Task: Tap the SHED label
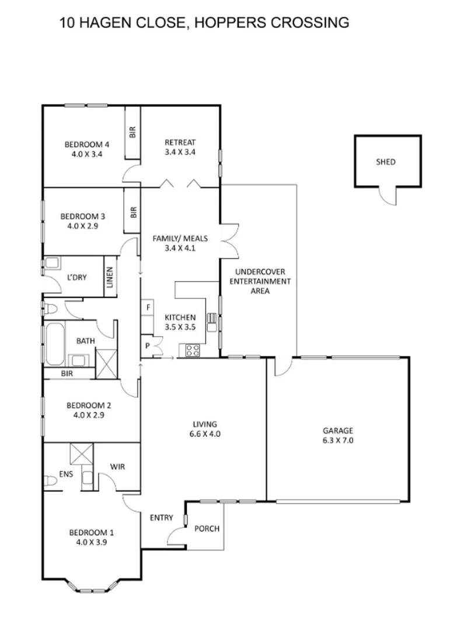(x=385, y=162)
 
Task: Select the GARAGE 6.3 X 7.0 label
(x=338, y=436)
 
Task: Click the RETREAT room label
(x=180, y=147)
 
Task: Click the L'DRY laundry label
(x=76, y=277)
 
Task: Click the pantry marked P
(x=147, y=346)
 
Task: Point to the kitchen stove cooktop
(x=192, y=350)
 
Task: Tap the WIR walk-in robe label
(x=117, y=467)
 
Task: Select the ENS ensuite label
(x=66, y=474)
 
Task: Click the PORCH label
(x=207, y=529)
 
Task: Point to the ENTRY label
(x=161, y=518)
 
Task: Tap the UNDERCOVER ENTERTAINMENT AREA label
(x=263, y=280)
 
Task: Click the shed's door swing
(x=386, y=196)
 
